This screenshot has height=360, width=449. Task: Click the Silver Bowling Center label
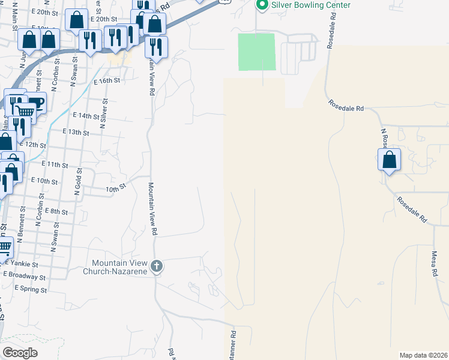pyautogui.click(x=311, y=5)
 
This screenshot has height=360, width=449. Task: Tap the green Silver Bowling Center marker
pyautogui.click(x=262, y=5)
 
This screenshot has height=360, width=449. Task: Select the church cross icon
pyautogui.click(x=157, y=266)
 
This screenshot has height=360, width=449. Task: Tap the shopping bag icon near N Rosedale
pyautogui.click(x=390, y=160)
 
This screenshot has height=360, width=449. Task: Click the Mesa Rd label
pyautogui.click(x=434, y=263)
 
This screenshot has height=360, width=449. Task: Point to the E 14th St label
pyautogui.click(x=85, y=115)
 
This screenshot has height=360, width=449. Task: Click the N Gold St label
pyautogui.click(x=77, y=187)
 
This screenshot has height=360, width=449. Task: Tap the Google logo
pyautogui.click(x=20, y=353)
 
